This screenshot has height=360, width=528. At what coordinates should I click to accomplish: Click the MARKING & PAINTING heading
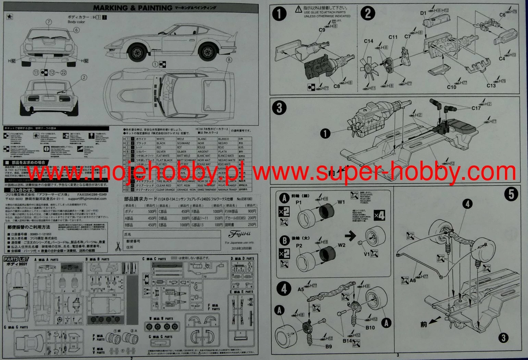click(133, 8)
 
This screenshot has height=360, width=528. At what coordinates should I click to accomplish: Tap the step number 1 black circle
click(279, 14)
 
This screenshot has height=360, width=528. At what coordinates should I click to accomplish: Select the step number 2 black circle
click(368, 13)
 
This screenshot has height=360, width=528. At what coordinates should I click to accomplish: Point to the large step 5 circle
click(511, 194)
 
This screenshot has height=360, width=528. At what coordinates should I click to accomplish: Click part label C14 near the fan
click(369, 41)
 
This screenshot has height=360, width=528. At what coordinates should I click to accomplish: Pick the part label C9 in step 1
click(321, 30)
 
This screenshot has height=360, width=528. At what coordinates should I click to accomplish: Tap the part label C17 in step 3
click(476, 108)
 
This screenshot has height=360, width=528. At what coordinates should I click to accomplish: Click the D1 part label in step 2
click(423, 13)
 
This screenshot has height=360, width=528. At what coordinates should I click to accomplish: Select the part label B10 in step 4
click(370, 327)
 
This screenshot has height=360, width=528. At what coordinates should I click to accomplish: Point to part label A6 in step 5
click(413, 281)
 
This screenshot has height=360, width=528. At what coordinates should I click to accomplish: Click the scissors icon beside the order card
click(118, 246)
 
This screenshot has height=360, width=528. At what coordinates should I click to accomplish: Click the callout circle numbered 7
click(49, 22)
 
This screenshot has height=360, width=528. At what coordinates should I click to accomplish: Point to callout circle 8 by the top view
click(229, 60)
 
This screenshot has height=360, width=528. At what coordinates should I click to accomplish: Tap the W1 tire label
click(341, 202)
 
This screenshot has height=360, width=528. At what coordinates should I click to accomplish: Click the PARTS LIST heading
click(16, 259)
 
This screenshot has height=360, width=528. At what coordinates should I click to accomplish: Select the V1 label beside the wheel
click(367, 254)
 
